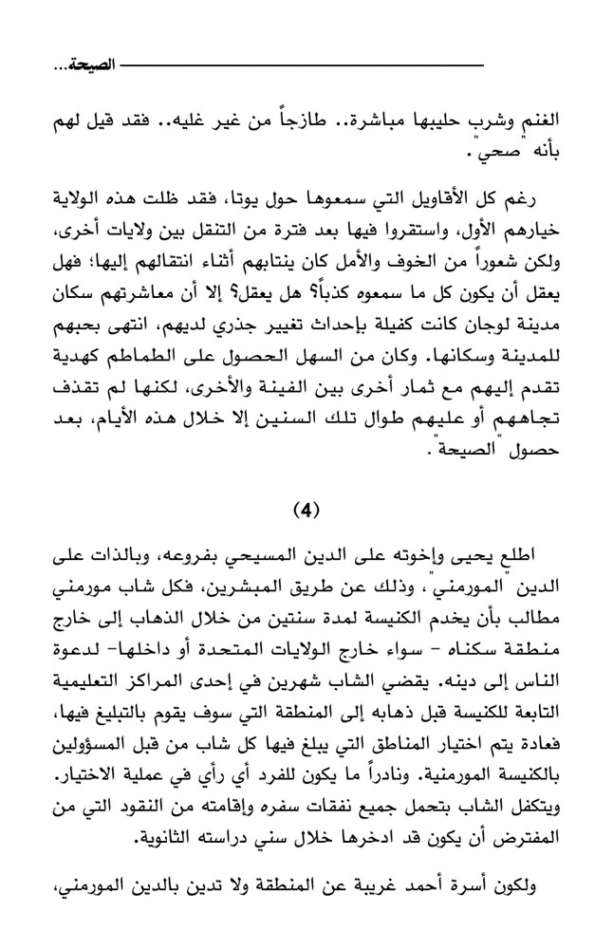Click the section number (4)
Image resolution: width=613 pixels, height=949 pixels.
(x=306, y=508)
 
